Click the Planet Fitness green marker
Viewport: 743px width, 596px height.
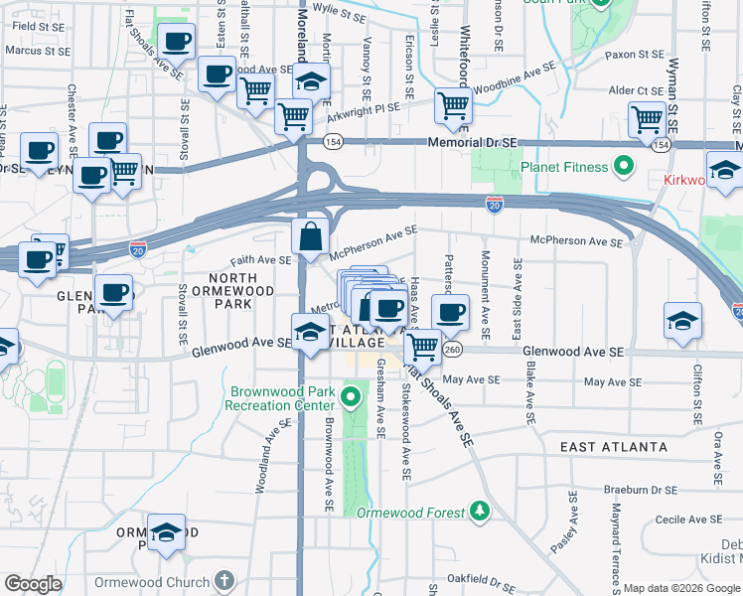point(624,166)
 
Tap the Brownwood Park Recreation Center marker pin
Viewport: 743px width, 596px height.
point(350,398)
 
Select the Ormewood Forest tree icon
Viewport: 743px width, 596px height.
point(480,511)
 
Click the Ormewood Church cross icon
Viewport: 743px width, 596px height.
point(224,581)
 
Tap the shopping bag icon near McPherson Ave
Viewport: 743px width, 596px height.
point(310,237)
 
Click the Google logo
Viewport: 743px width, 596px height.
point(33,584)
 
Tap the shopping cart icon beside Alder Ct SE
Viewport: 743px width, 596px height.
point(648,119)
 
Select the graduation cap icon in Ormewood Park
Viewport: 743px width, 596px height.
point(167,532)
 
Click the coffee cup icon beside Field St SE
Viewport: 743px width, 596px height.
point(176,42)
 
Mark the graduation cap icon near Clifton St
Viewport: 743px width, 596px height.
point(682,321)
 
